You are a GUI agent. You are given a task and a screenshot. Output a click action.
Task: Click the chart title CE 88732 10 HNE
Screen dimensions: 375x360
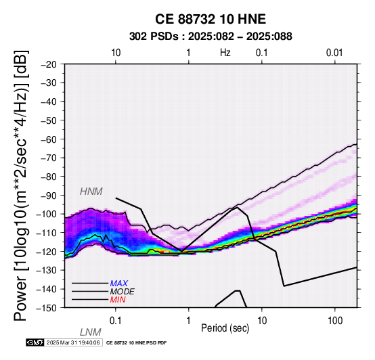[x=211, y=19]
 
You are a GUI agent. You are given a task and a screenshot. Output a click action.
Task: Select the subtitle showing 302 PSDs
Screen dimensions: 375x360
[x=211, y=37]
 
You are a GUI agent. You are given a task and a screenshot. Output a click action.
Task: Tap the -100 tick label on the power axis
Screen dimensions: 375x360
[x=48, y=214]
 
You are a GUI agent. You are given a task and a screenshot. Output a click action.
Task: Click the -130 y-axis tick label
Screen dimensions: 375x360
[x=48, y=270]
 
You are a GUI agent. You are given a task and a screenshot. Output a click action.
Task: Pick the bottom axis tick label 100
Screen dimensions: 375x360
[x=335, y=321]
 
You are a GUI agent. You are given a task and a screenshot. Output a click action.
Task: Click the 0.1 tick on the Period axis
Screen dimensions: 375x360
[x=116, y=321]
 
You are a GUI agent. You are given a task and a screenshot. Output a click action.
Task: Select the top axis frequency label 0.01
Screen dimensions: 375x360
[x=334, y=53]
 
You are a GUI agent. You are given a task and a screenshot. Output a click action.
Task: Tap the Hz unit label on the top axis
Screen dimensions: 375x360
[x=225, y=53]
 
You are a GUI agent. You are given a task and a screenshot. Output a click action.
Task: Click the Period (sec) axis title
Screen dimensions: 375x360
[x=225, y=328]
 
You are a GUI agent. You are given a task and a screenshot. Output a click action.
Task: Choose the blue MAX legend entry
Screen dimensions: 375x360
[x=119, y=284]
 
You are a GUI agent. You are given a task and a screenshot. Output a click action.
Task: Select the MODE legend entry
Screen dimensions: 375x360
[x=123, y=292]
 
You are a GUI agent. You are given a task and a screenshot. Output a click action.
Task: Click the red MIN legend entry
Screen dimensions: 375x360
[x=118, y=300]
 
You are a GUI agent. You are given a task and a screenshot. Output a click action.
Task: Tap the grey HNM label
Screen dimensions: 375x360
[x=91, y=192]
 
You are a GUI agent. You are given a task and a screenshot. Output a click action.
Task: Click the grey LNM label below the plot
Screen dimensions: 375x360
[x=91, y=332]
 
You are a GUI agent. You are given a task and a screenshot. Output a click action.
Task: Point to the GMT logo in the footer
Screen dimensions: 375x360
[x=35, y=342]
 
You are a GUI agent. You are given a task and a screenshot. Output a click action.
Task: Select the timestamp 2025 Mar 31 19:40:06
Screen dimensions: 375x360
[x=73, y=342]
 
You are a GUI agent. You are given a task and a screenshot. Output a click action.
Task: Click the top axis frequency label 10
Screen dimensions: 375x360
[x=116, y=53]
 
